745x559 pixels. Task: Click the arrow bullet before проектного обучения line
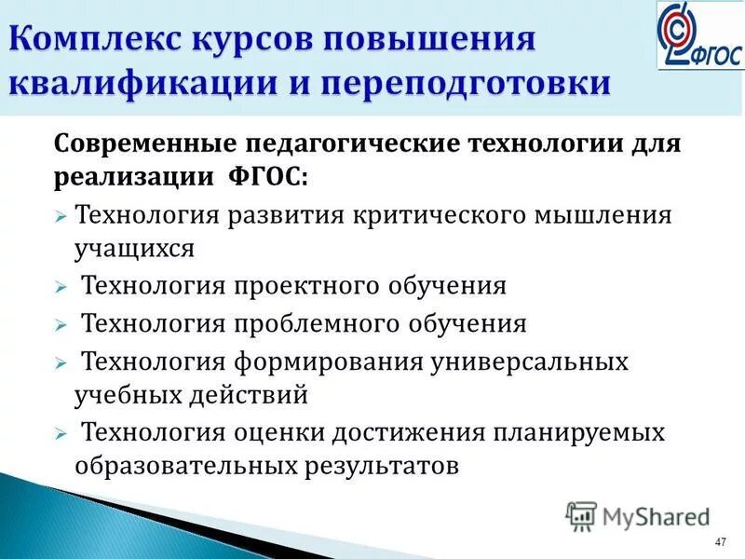(x=60, y=287)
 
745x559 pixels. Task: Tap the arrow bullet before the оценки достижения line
(x=60, y=434)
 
